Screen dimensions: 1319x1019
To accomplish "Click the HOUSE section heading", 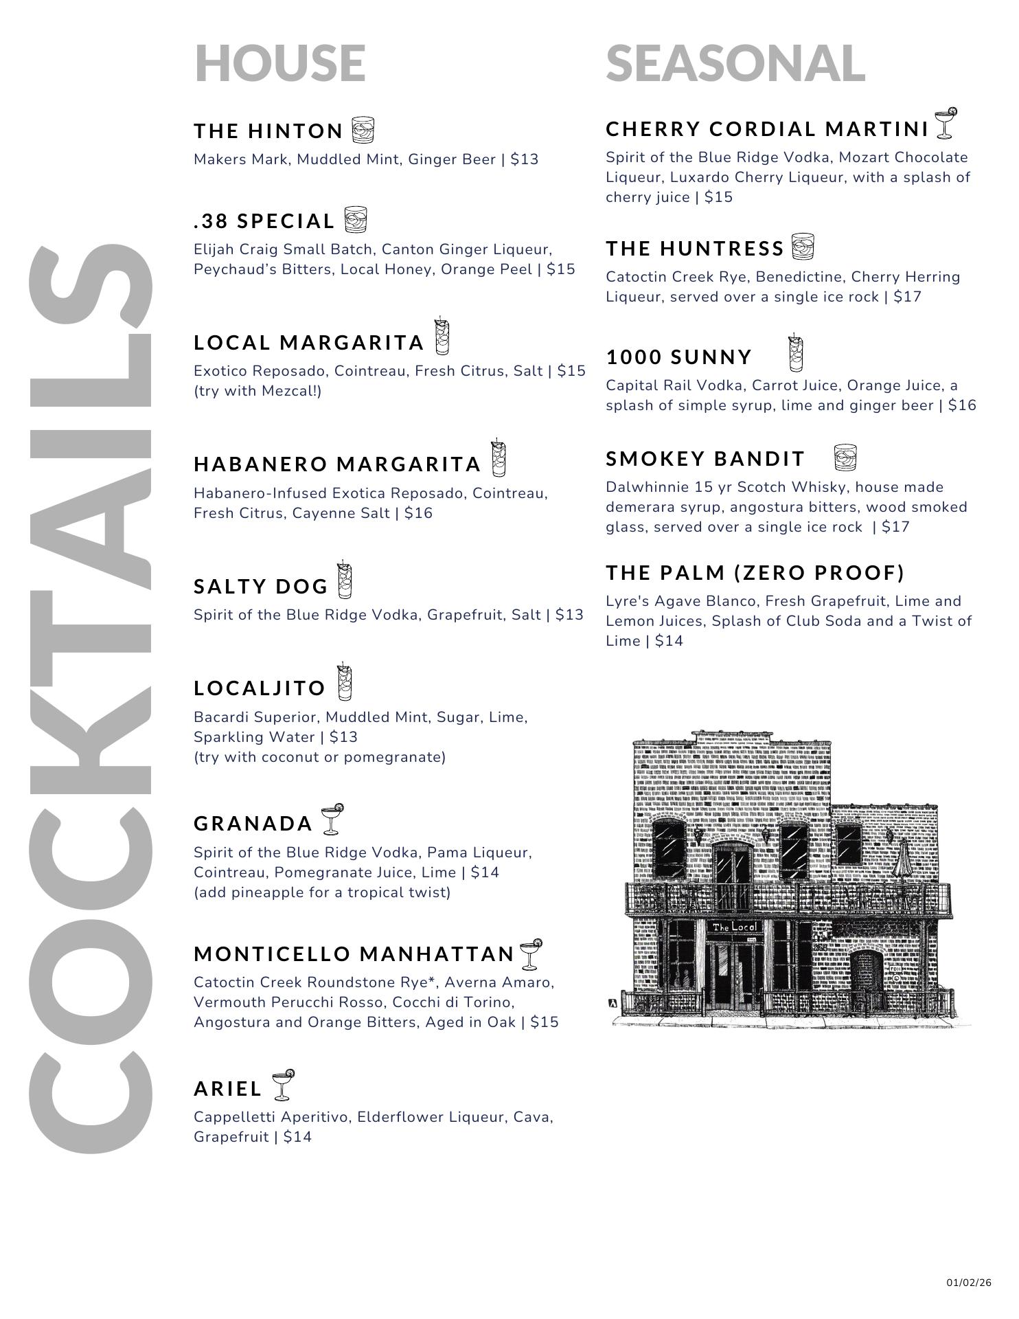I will point(279,63).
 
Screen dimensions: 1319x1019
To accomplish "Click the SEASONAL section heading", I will point(735,63).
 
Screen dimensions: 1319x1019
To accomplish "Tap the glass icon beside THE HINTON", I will point(363,130).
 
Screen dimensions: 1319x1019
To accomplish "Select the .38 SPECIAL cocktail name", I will point(264,221).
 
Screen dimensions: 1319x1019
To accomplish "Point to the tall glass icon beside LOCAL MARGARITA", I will point(442,337).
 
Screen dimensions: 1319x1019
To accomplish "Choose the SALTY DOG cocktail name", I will point(261,587).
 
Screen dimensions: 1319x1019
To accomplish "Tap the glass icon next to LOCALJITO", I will point(344,682).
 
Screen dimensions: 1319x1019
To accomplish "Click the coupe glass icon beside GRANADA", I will point(332,819).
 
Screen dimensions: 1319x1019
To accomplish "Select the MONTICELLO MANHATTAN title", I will point(354,954).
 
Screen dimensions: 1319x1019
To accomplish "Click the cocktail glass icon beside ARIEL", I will point(282,1085).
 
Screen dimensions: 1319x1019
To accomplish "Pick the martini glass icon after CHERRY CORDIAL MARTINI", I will point(946,123).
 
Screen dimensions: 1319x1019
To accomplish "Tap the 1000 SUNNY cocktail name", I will point(679,357).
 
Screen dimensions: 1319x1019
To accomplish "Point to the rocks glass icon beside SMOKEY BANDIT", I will point(845,457).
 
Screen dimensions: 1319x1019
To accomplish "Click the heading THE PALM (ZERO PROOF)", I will point(755,573).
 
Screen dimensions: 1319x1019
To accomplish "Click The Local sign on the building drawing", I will point(734,927).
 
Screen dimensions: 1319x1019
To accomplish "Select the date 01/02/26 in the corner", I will point(969,1283).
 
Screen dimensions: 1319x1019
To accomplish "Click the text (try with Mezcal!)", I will point(257,391).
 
